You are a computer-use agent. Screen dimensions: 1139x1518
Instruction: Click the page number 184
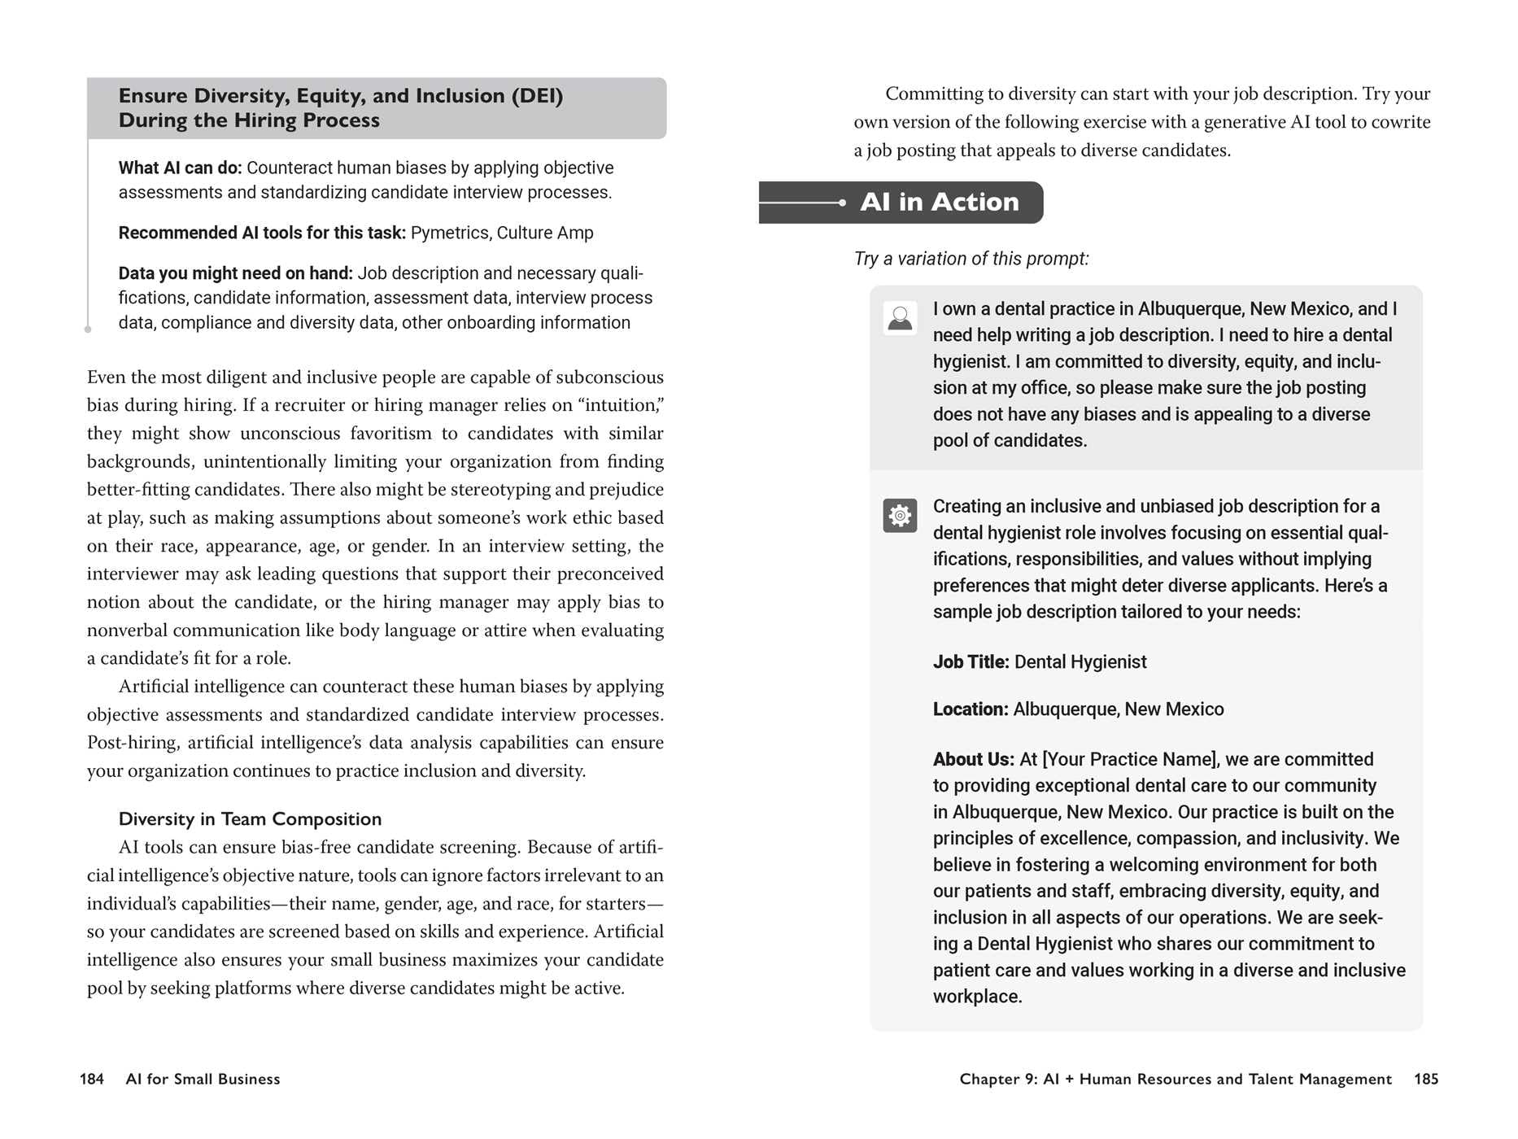point(92,1079)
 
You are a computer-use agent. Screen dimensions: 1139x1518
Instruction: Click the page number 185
point(1425,1079)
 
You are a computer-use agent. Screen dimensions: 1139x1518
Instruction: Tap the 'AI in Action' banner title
point(939,202)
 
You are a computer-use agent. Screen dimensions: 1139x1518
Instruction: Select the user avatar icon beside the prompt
point(900,318)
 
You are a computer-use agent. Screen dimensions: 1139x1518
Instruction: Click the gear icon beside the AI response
point(900,516)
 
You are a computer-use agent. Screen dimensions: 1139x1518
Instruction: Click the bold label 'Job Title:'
point(971,662)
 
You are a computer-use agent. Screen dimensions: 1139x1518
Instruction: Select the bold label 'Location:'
point(970,709)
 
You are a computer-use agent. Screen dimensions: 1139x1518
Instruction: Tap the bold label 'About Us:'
point(973,760)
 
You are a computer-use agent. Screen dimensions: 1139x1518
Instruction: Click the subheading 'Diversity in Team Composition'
point(250,819)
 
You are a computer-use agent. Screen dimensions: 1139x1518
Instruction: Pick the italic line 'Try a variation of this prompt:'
point(971,259)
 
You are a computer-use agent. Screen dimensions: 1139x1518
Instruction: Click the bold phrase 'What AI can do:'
point(180,168)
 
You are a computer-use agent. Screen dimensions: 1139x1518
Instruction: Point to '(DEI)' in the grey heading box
point(537,96)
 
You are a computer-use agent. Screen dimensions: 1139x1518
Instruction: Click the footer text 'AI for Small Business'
point(203,1079)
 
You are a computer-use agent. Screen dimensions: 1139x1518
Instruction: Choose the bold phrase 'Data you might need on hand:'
point(235,273)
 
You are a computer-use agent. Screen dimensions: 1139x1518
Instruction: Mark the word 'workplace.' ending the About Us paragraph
point(977,997)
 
